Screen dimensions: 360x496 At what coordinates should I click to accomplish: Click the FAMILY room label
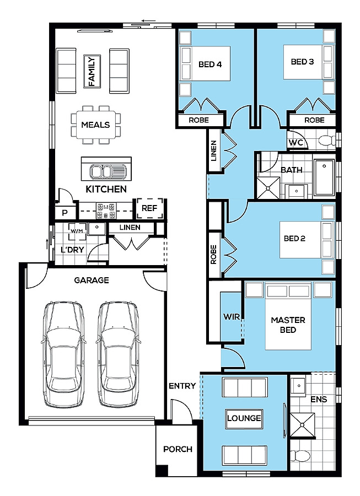[92, 71]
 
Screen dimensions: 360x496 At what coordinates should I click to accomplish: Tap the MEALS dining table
[95, 125]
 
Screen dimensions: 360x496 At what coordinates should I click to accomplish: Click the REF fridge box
[149, 208]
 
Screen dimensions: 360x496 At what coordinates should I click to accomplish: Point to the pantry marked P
[65, 213]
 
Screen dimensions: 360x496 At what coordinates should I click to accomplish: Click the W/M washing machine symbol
[77, 231]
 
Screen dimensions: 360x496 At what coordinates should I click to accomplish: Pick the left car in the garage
[63, 354]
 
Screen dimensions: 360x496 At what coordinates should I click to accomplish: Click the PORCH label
[178, 449]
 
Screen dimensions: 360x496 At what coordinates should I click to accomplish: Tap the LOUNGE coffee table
[244, 418]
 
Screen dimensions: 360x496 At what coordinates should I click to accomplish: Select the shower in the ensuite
[303, 425]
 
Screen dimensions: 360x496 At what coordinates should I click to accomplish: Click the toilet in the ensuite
[300, 456]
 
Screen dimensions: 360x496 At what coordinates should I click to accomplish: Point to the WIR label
[232, 317]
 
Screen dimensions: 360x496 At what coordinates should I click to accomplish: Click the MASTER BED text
[288, 325]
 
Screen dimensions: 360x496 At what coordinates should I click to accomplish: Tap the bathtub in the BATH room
[324, 177]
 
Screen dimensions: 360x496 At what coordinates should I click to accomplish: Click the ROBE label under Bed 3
[314, 120]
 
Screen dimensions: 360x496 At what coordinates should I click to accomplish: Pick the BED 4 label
[210, 64]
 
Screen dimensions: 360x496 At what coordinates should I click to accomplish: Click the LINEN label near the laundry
[130, 228]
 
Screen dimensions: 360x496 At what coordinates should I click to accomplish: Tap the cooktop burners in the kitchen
[106, 211]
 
